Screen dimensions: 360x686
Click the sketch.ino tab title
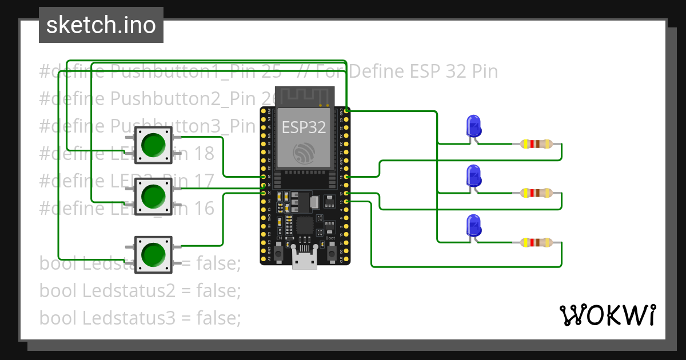[101, 25]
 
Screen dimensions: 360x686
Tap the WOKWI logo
[607, 315]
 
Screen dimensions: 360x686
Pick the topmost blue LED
[473, 126]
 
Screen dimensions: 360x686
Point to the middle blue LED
[473, 175]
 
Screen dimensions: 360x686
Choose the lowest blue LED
[473, 225]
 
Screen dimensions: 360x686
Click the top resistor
[537, 144]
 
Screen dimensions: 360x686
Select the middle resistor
[537, 193]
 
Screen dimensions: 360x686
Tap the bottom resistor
[537, 243]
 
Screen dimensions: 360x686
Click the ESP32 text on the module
[304, 127]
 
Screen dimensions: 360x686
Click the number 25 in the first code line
[272, 71]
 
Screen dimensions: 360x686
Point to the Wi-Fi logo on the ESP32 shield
[304, 153]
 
